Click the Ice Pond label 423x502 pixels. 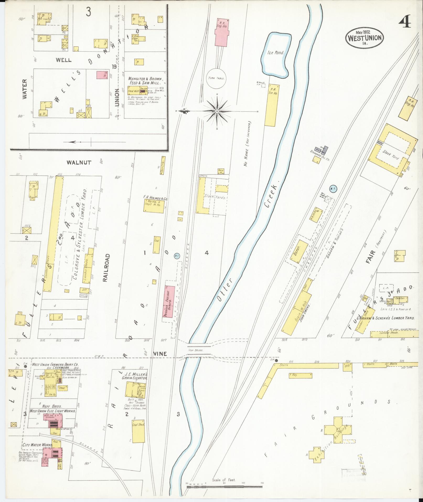pyautogui.click(x=276, y=52)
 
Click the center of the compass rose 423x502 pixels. pyautogui.click(x=217, y=112)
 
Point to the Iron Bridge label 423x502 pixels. pyautogui.click(x=196, y=350)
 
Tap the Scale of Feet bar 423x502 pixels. pyautogui.click(x=224, y=487)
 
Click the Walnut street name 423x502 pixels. pyautogui.click(x=79, y=162)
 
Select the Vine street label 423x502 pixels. pyautogui.click(x=160, y=354)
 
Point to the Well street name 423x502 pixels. pyautogui.click(x=63, y=60)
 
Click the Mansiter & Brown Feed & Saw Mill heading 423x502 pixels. pyautogui.click(x=146, y=81)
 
